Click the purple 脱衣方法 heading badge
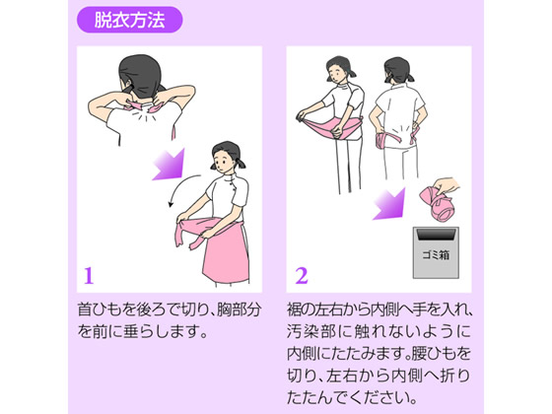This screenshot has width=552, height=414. pyautogui.click(x=129, y=20)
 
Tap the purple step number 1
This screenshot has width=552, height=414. pyautogui.click(x=89, y=276)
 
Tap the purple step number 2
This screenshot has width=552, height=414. pyautogui.click(x=302, y=276)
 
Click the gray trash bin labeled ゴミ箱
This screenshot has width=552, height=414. pyautogui.click(x=436, y=252)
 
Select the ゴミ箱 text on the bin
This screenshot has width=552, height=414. pyautogui.click(x=436, y=254)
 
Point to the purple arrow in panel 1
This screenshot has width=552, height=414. pyautogui.click(x=170, y=165)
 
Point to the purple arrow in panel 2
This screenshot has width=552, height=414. pyautogui.click(x=389, y=204)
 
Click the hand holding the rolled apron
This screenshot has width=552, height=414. pyautogui.click(x=446, y=186)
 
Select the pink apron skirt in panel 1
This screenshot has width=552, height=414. pyautogui.click(x=226, y=250)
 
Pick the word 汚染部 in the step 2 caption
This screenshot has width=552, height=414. pyautogui.click(x=310, y=331)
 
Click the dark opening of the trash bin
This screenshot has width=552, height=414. pyautogui.click(x=436, y=235)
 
